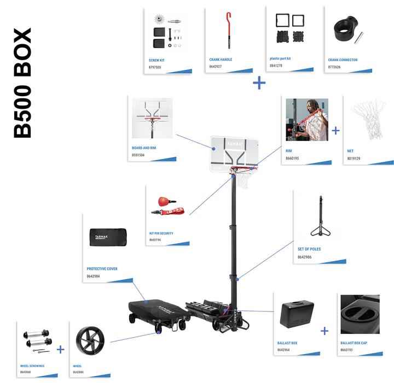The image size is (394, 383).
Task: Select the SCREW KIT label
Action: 157,60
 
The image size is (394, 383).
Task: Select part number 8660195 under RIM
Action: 293,158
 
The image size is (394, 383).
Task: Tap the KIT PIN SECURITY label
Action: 161,233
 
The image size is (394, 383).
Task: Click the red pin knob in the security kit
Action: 163,199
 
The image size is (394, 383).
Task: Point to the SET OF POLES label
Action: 309,249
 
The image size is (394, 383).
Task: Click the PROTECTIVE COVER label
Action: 102,269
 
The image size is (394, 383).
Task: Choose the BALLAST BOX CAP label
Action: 354,343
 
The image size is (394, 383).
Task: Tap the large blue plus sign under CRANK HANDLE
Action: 259,83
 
